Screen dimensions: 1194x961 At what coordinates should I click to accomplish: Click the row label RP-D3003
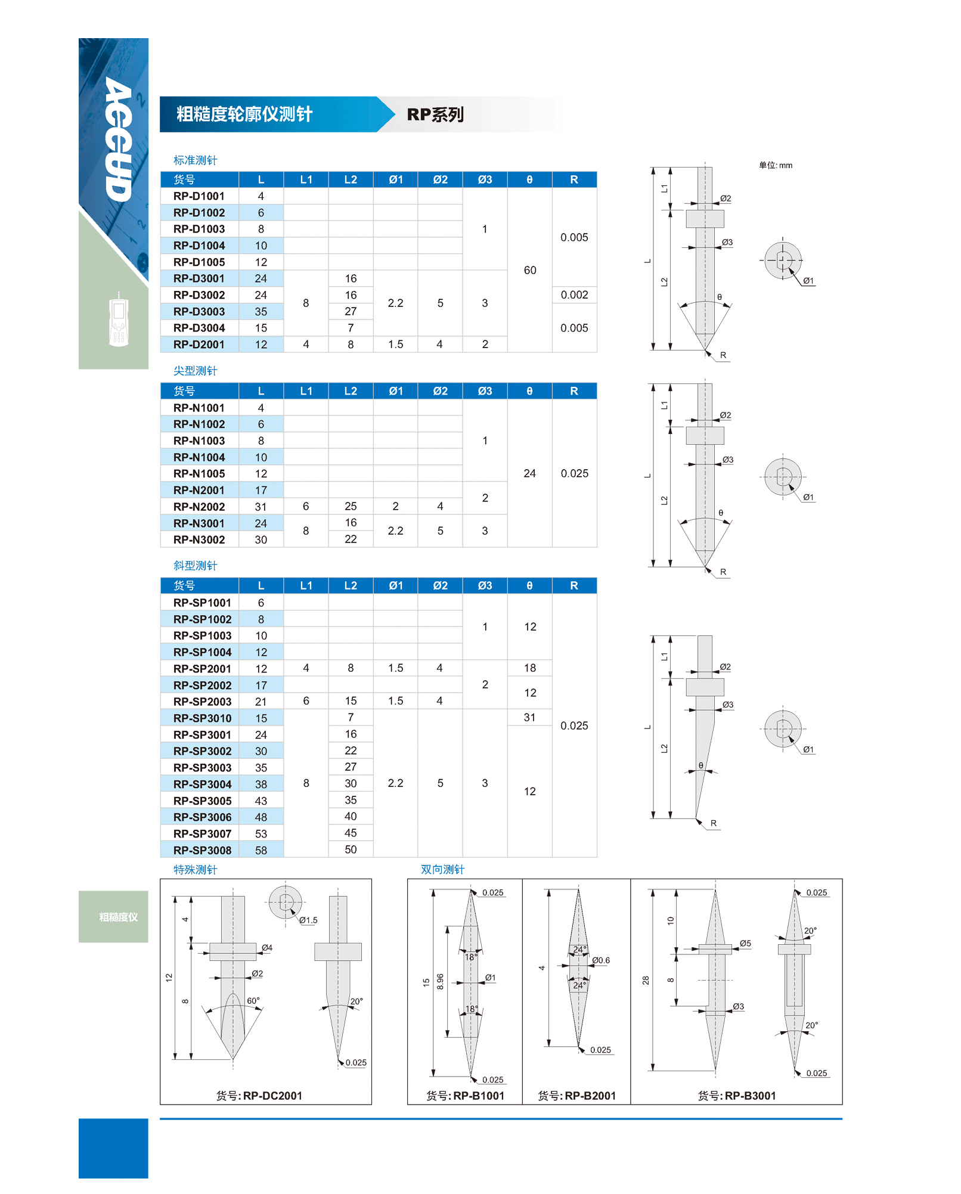(199, 312)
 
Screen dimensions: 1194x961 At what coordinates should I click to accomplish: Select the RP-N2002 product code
(199, 507)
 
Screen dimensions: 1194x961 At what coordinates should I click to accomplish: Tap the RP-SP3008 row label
(202, 850)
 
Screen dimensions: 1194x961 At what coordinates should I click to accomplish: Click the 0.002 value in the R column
(574, 295)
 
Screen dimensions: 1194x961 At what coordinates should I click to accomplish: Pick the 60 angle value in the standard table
(530, 270)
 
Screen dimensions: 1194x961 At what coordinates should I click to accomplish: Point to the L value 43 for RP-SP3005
(261, 801)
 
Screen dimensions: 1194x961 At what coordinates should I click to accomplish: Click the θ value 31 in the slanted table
(530, 718)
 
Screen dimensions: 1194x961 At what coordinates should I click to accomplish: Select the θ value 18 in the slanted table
(530, 668)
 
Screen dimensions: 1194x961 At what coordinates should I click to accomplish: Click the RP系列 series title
(435, 114)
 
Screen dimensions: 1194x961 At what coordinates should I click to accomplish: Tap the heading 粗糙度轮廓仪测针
(244, 114)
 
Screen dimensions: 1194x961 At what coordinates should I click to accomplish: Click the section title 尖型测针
(195, 371)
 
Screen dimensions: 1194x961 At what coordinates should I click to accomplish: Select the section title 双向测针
(442, 869)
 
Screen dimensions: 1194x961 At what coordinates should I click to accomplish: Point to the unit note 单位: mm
(776, 165)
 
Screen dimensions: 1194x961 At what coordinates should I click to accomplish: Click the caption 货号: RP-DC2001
(259, 1096)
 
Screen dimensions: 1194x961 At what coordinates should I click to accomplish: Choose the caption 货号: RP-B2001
(576, 1096)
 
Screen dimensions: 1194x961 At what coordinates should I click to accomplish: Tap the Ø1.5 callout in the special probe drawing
(308, 920)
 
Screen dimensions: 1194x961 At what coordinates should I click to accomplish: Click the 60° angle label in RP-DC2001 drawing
(253, 1001)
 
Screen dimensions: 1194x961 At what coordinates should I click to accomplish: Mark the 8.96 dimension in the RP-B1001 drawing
(440, 981)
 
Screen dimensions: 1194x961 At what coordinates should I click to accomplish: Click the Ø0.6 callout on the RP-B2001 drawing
(601, 960)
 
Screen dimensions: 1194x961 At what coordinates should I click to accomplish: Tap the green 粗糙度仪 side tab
(118, 917)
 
